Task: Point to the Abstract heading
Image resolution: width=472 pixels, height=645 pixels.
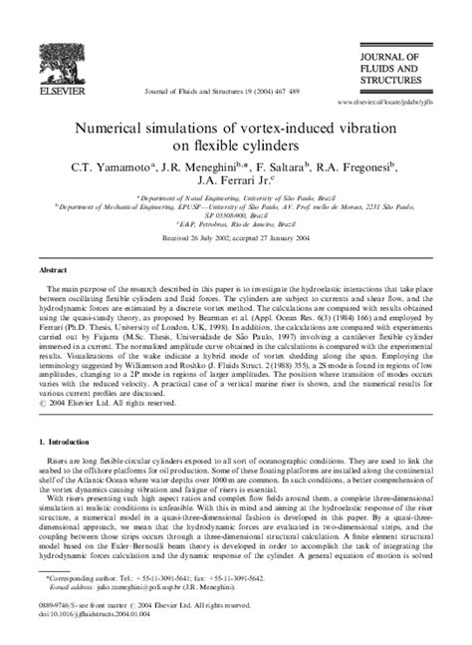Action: [x=54, y=269]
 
